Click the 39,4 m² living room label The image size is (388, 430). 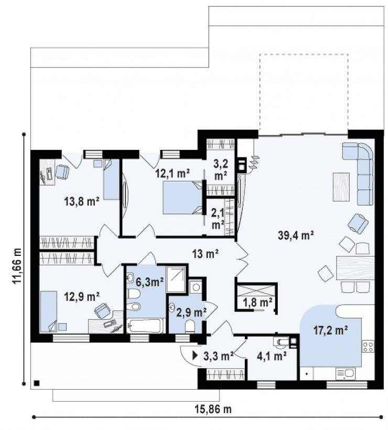pyautogui.click(x=296, y=235)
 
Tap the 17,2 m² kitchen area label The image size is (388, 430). pyautogui.click(x=330, y=330)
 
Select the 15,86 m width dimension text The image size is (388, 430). pyautogui.click(x=213, y=409)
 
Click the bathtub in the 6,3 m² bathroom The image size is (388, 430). pyautogui.click(x=146, y=326)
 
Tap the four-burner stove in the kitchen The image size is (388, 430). pyautogui.click(x=368, y=346)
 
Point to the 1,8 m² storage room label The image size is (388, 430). pyautogui.click(x=257, y=303)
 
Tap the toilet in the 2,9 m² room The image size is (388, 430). pyautogui.click(x=190, y=326)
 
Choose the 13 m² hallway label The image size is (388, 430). pyautogui.click(x=206, y=254)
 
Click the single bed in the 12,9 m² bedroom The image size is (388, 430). pyautogui.click(x=49, y=311)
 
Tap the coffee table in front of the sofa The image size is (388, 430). pyautogui.click(x=341, y=187)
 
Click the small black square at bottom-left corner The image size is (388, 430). pyautogui.click(x=36, y=383)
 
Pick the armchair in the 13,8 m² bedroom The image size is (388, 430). pyautogui.click(x=62, y=171)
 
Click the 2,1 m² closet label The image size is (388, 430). pyautogui.click(x=218, y=218)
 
